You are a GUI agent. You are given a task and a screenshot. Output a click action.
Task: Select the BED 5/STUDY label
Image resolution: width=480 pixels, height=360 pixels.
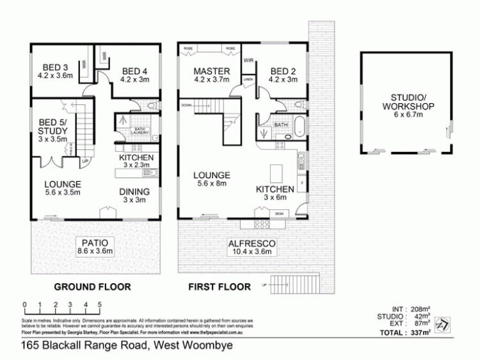tap(53, 127)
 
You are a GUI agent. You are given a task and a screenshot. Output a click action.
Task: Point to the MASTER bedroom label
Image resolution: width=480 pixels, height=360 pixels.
tap(209, 71)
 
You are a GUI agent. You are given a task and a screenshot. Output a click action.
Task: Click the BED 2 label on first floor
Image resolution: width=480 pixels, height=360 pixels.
tap(282, 71)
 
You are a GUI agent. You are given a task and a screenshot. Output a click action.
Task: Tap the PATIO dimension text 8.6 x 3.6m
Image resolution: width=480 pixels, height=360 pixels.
tap(94, 251)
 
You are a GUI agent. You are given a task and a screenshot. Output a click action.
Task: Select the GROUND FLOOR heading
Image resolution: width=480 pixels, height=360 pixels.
tap(92, 287)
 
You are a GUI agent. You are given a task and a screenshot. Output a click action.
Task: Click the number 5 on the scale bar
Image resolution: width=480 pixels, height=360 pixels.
tap(100, 305)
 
